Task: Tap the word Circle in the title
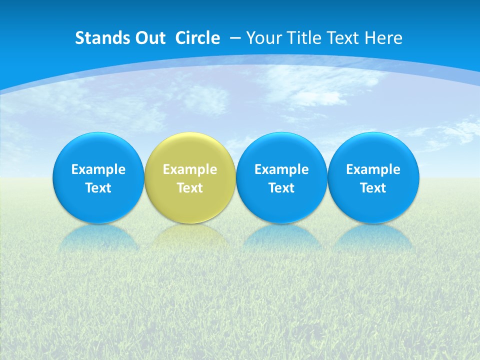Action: [197, 38]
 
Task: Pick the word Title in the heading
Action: [303, 38]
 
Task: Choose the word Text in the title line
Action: [343, 38]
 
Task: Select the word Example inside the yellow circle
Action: [190, 169]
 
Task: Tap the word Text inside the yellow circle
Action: [190, 188]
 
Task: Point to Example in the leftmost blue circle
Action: [98, 169]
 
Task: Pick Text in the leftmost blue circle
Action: [98, 188]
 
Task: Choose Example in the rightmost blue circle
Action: [373, 169]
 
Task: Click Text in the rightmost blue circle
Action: [373, 188]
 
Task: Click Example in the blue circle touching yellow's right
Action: [281, 169]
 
